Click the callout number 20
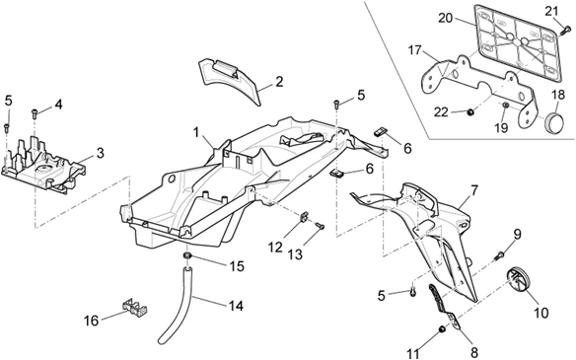coord(446,18)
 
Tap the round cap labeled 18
coord(556,119)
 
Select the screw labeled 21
coord(564,32)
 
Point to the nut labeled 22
coord(469,112)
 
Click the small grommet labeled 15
coord(187,255)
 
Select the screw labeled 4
coord(35,113)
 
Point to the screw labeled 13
coord(320,226)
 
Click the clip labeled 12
coord(304,217)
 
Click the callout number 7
coord(473,190)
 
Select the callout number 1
coord(196,132)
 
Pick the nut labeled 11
coord(442,329)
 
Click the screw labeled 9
coord(499,255)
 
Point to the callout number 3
coord(100,153)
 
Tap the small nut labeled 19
coord(505,106)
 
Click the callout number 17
coord(415,50)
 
